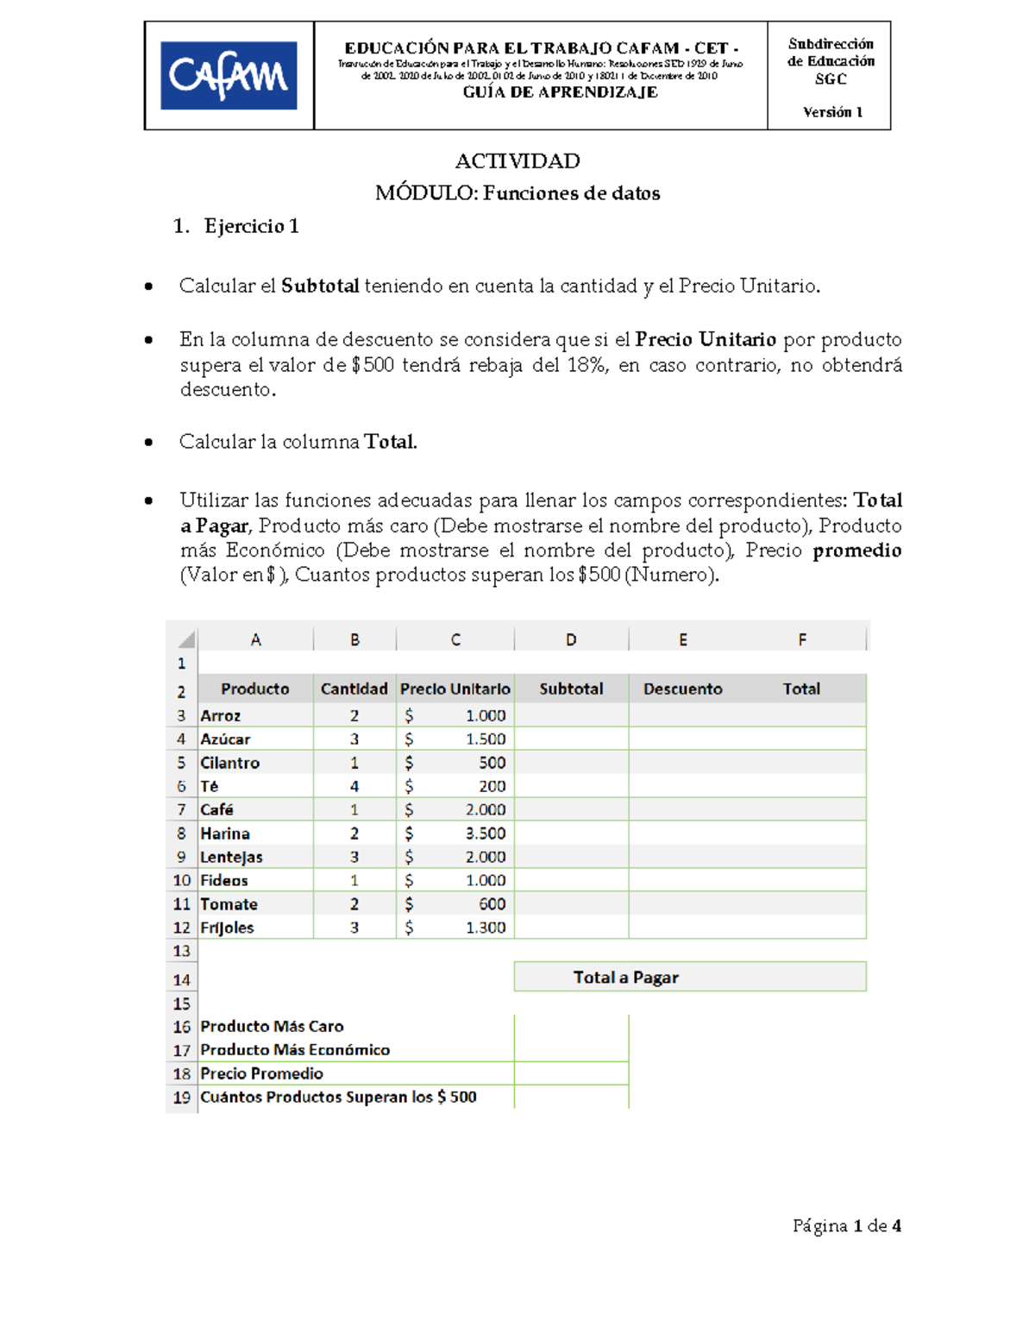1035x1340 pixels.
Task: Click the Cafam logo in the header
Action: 229,76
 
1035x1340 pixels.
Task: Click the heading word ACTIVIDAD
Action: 517,161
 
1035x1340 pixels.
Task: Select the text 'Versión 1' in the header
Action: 832,112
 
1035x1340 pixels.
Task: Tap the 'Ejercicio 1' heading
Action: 251,226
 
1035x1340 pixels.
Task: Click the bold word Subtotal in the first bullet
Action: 320,286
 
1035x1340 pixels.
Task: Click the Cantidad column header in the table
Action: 354,689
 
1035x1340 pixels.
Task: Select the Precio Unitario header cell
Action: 455,689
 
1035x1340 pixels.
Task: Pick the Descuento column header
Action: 682,689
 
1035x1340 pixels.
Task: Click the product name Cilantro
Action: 230,763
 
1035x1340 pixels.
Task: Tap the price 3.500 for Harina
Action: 486,834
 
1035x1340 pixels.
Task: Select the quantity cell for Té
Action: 354,786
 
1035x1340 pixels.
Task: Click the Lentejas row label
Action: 231,857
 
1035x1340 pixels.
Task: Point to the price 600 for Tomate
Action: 492,904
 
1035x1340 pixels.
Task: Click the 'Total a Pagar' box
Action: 690,978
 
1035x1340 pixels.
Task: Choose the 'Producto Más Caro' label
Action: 272,1027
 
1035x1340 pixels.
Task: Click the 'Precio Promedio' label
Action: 261,1073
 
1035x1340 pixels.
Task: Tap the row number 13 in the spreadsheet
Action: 181,951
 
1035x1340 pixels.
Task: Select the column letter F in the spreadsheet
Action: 802,639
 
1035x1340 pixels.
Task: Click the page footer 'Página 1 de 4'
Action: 847,1226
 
